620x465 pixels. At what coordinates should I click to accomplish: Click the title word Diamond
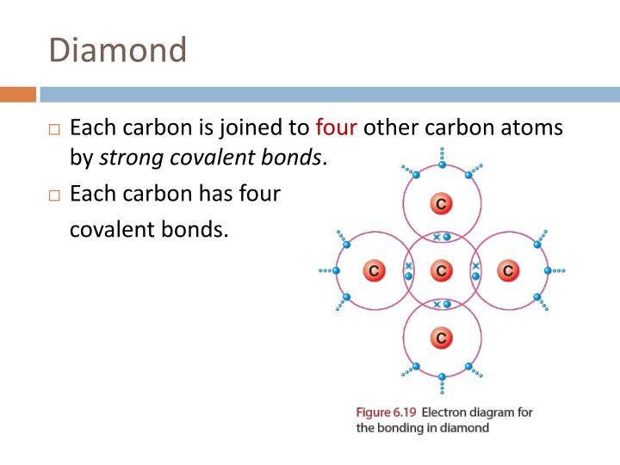(118, 50)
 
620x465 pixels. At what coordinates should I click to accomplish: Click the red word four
(336, 128)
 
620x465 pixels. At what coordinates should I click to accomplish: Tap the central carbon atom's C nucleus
(441, 270)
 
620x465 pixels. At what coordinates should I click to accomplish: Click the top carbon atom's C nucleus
(441, 204)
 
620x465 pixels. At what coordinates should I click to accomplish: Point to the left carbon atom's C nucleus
(374, 270)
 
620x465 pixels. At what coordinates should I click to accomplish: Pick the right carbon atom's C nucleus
(508, 270)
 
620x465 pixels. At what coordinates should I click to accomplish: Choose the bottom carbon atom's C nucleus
(441, 338)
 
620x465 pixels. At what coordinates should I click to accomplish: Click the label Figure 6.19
(385, 412)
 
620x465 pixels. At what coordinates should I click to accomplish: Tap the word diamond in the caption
(462, 428)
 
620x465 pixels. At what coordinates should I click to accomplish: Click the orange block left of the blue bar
(18, 94)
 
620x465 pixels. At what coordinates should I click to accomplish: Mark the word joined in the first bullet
(272, 128)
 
